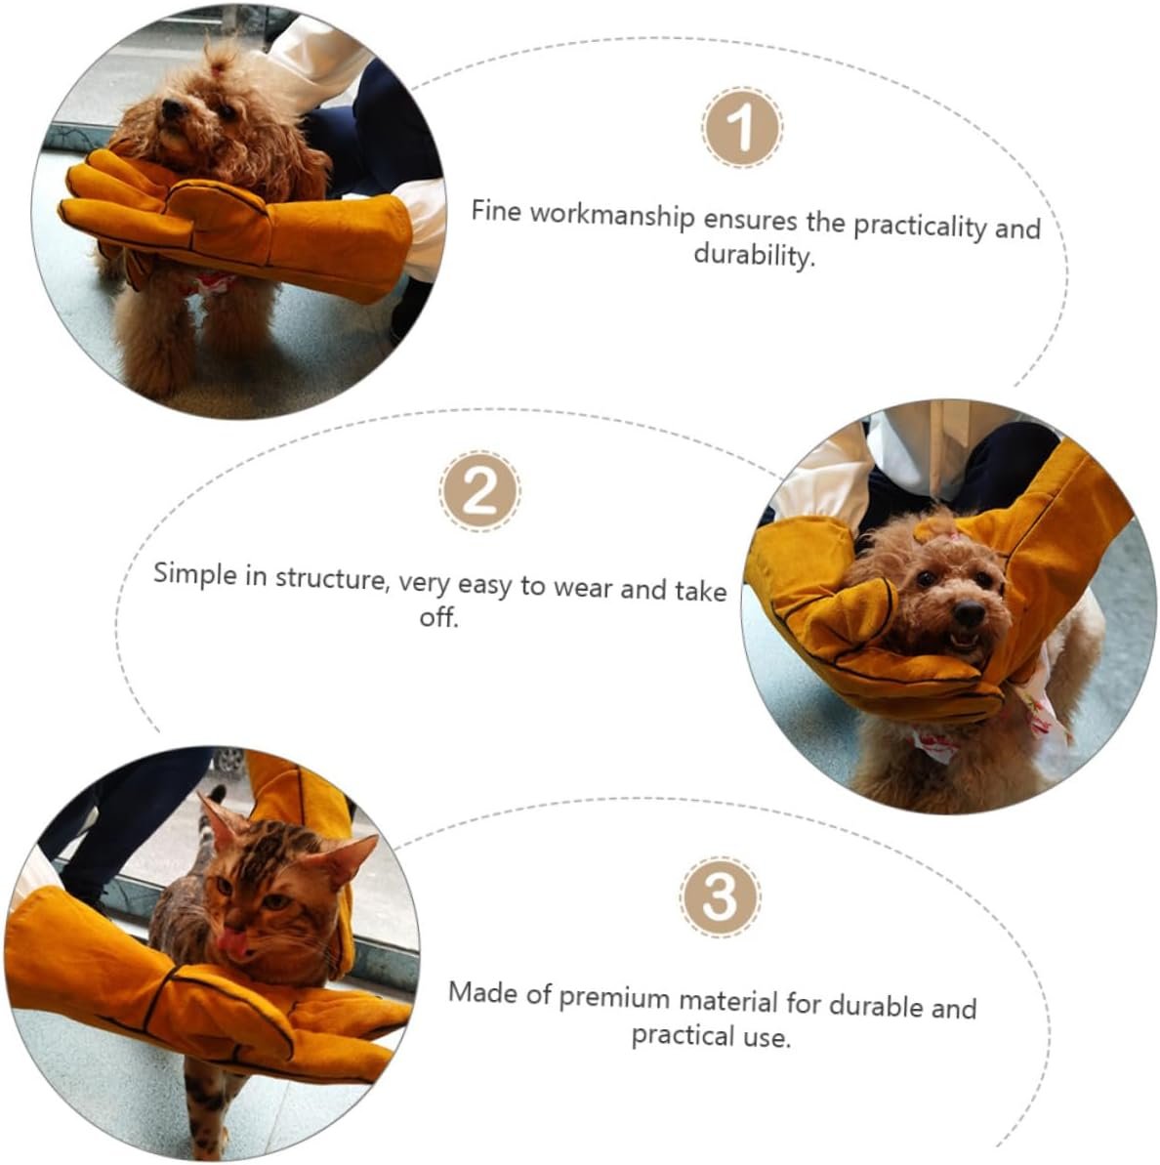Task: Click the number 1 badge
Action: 742,127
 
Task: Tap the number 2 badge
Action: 479,490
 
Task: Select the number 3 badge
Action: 720,896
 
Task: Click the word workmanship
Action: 612,216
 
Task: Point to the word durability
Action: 754,255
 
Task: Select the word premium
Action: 614,998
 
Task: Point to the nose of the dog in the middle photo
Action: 969,613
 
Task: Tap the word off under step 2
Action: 438,616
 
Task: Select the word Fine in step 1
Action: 496,210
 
